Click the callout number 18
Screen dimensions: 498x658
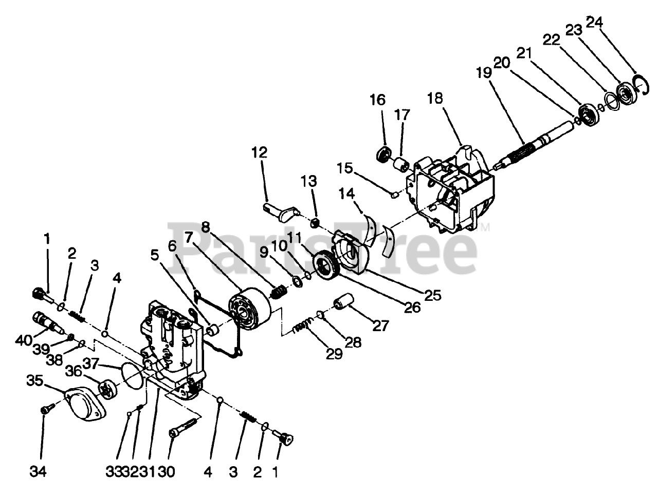point(435,98)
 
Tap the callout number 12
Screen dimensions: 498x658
point(260,152)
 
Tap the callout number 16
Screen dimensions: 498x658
point(377,100)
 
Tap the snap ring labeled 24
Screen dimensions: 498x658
point(638,84)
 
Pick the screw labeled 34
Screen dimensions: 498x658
point(44,410)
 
